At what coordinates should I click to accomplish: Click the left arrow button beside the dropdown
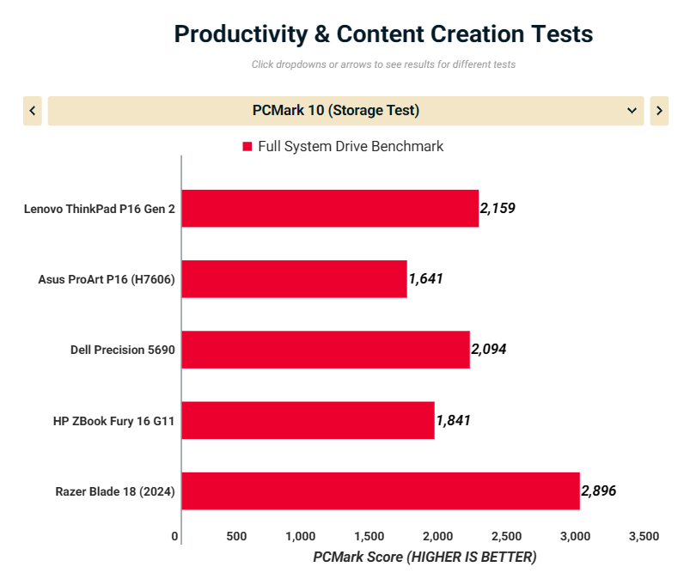pos(33,111)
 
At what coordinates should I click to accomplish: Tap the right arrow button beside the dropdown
pos(659,111)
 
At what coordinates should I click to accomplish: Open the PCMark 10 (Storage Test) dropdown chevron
pos(632,111)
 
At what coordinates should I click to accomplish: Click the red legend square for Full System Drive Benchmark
pos(247,147)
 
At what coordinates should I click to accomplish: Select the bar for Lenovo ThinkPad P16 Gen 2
pos(330,209)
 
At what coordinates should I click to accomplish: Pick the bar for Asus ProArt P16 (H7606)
pos(294,279)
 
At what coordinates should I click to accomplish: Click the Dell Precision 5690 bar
pos(326,350)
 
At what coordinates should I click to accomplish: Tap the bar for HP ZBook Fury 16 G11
pos(308,420)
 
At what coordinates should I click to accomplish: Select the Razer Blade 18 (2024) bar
pos(381,491)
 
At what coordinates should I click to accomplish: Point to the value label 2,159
pos(498,208)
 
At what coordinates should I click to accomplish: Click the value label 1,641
pos(425,278)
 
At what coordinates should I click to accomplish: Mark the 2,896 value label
pos(599,491)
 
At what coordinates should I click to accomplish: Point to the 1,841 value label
pos(453,420)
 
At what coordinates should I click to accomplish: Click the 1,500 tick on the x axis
pos(369,536)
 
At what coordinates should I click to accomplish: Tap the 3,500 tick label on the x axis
pos(644,536)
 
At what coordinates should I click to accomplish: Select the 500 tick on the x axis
pos(236,536)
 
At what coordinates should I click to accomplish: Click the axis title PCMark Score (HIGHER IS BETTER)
pos(424,557)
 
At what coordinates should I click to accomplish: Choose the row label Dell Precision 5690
pos(123,350)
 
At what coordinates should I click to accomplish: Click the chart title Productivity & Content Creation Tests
pos(383,34)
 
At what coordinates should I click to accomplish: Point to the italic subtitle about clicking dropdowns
pos(383,64)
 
